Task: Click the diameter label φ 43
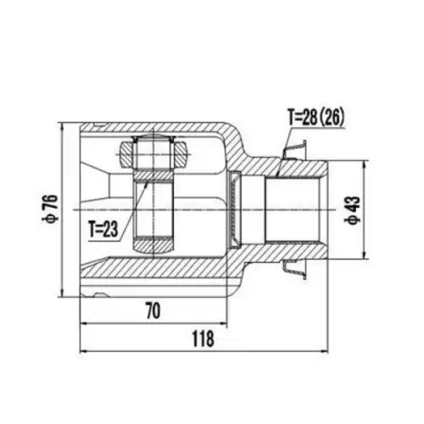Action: click(353, 210)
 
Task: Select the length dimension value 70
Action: click(153, 310)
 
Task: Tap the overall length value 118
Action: click(203, 338)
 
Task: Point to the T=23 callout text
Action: click(103, 229)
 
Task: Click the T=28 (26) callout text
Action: click(315, 117)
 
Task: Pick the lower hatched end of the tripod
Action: click(153, 245)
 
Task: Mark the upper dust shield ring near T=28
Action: click(295, 150)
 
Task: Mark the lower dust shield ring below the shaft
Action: click(295, 270)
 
